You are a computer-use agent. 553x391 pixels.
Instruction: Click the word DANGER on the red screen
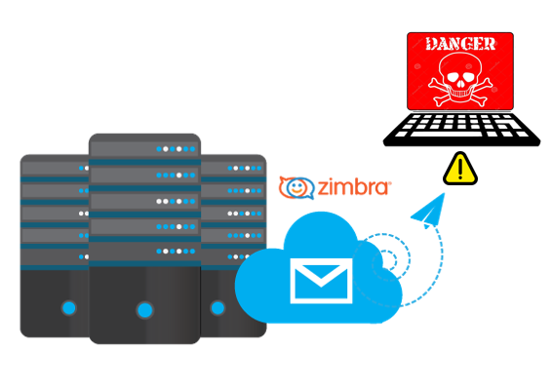[x=460, y=44]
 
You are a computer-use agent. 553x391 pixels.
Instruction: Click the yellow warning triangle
[x=460, y=169]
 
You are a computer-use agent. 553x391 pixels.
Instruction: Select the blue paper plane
[x=428, y=211]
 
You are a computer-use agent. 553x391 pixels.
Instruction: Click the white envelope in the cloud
[x=321, y=281]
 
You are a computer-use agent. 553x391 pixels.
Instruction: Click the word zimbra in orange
[x=354, y=187]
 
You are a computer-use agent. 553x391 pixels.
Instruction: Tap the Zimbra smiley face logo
[x=296, y=187]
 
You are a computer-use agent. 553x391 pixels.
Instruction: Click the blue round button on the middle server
[x=145, y=310]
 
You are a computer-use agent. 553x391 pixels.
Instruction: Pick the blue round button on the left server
[x=69, y=308]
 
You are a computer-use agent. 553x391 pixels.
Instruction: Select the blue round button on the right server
[x=217, y=308]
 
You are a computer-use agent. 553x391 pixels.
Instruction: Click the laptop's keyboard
[x=461, y=129]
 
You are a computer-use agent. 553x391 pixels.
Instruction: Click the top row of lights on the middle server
[x=176, y=149]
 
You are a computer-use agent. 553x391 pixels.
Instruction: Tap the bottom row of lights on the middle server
[x=176, y=252]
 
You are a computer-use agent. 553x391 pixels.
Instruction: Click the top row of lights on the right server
[x=245, y=168]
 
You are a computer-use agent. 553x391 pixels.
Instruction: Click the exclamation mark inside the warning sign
[x=460, y=168]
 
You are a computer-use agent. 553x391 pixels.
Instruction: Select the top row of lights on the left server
[x=84, y=168]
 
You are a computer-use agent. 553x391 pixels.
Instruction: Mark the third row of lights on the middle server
[x=176, y=201]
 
